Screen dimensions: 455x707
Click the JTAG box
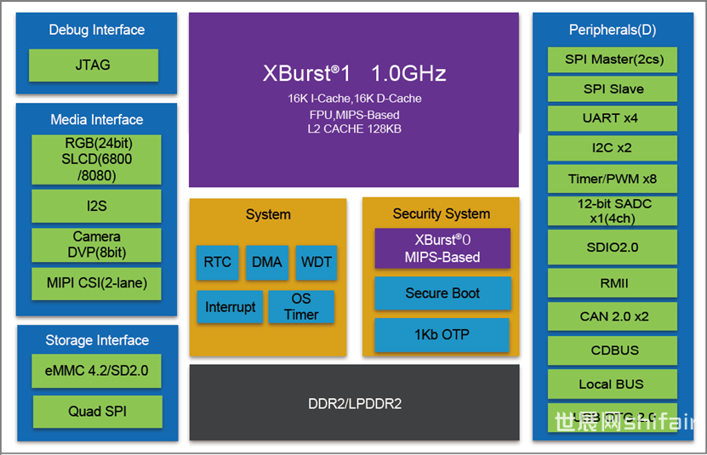pyautogui.click(x=93, y=65)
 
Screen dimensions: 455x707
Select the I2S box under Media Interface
pyautogui.click(x=96, y=206)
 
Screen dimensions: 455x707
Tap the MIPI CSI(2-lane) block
pyautogui.click(x=96, y=283)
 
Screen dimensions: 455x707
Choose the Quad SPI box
pyautogui.click(x=97, y=412)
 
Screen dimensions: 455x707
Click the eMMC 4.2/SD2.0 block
pyautogui.click(x=97, y=371)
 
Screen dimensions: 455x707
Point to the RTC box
pyautogui.click(x=218, y=262)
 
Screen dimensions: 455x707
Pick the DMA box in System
pyautogui.click(x=267, y=262)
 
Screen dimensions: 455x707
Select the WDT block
pyautogui.click(x=316, y=262)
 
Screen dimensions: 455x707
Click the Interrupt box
pyautogui.click(x=230, y=307)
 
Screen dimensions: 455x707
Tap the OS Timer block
pyautogui.click(x=301, y=307)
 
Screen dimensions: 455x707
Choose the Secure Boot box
pyautogui.click(x=442, y=293)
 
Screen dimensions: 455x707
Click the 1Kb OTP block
pyautogui.click(x=442, y=334)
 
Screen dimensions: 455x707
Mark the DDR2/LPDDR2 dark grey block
pyautogui.click(x=353, y=403)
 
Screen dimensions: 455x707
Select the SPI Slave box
pyautogui.click(x=613, y=89)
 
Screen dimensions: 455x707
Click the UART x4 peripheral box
pyautogui.click(x=613, y=118)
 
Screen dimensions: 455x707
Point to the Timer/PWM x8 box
pyautogui.click(x=613, y=179)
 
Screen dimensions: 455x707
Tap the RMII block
pyautogui.click(x=613, y=283)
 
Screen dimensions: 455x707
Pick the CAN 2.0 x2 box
pyautogui.click(x=613, y=316)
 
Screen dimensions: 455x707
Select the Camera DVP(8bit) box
pyautogui.click(x=96, y=244)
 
